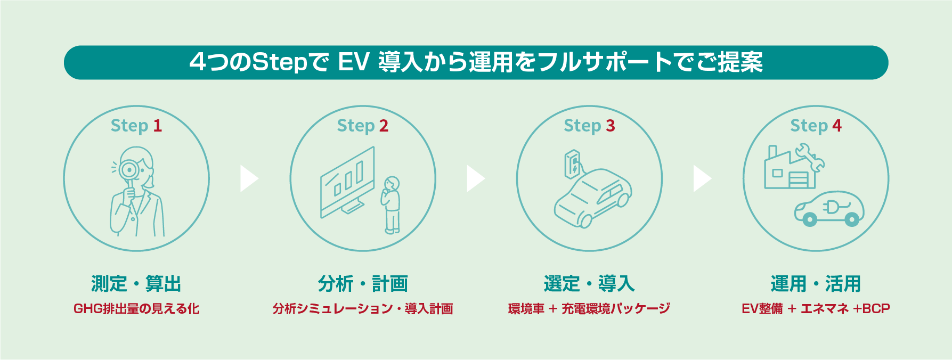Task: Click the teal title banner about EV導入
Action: pos(476,62)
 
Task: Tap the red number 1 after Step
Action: pos(157,126)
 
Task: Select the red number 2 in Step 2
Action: pos(384,126)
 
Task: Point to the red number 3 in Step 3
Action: pos(610,126)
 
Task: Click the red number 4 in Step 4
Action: pos(837,126)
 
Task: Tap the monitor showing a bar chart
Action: pos(347,181)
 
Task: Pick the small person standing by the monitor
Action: pos(392,205)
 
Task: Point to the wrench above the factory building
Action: pos(810,157)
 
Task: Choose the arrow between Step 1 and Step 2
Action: pos(249,178)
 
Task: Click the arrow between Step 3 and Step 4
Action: pos(702,178)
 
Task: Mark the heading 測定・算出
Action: pos(136,284)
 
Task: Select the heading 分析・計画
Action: pos(363,284)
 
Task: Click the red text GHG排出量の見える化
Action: pos(136,309)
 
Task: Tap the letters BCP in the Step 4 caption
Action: pos(876,309)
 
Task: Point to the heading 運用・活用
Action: pos(816,284)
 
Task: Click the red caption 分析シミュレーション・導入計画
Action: pos(363,309)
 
